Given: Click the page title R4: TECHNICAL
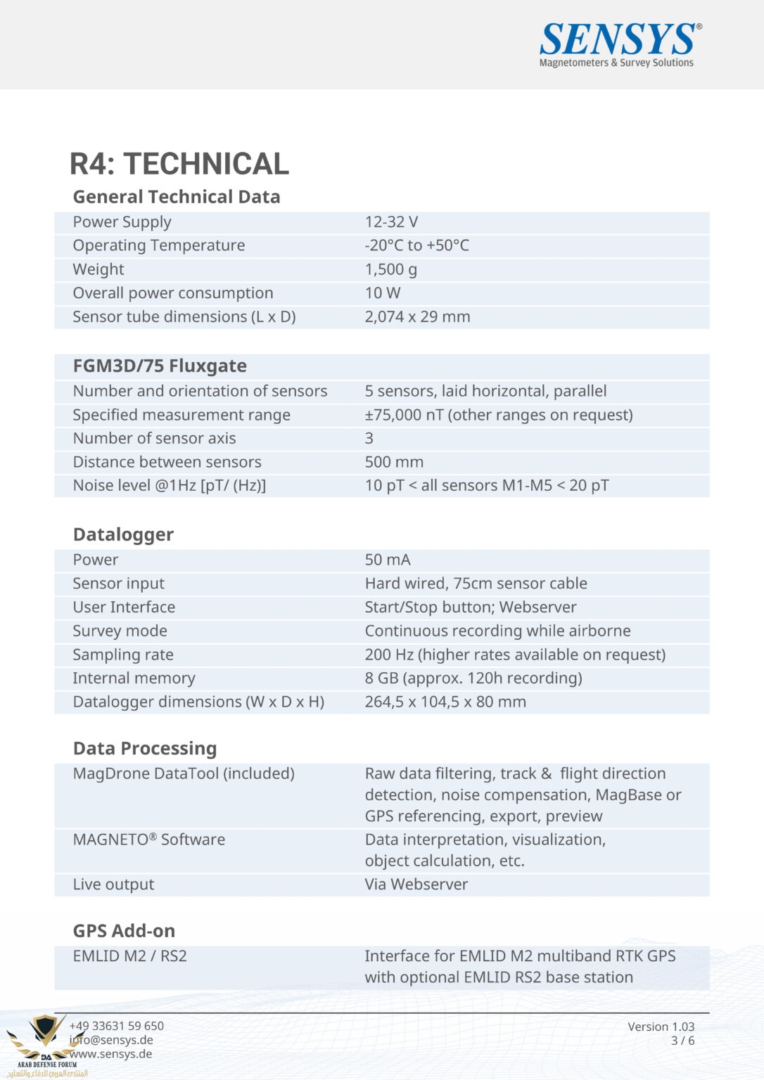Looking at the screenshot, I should click(x=179, y=164).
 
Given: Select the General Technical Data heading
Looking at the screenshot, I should click(x=177, y=197).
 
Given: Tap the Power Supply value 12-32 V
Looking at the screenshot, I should click(x=391, y=222).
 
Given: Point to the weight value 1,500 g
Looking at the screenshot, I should click(x=390, y=269).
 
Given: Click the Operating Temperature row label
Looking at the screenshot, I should click(x=159, y=245).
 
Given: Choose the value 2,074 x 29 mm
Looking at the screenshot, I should click(x=417, y=316).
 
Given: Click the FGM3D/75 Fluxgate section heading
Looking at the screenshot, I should click(x=160, y=366).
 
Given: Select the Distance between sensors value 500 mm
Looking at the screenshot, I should click(x=394, y=462).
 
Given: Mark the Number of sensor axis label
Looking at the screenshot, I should click(x=154, y=438).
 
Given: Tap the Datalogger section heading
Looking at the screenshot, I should click(x=123, y=534).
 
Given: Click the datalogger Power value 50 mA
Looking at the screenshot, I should click(x=388, y=560).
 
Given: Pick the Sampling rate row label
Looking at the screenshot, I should click(x=123, y=655).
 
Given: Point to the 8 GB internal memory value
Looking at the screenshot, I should click(x=473, y=678).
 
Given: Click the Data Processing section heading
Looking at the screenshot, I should click(x=145, y=748).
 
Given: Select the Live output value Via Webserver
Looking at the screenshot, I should click(x=416, y=885).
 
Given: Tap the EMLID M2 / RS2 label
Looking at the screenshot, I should click(x=130, y=956).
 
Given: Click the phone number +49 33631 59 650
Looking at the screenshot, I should click(x=117, y=1026).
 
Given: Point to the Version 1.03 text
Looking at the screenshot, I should click(x=661, y=1027).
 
